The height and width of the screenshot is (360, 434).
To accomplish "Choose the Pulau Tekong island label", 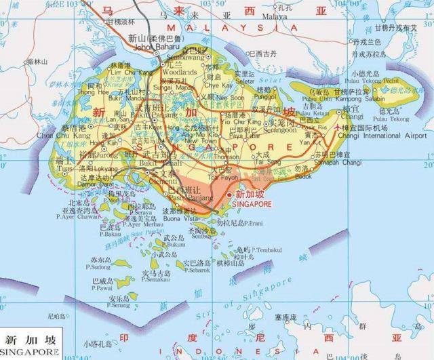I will (370, 80).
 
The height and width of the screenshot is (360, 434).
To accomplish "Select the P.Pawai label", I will (102, 287).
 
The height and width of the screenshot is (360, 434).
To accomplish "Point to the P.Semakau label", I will (156, 279).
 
